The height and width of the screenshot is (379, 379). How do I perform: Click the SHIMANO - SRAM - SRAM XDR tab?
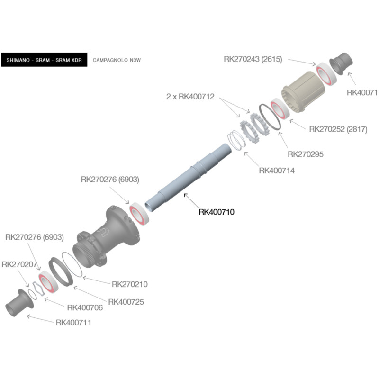point(44,60)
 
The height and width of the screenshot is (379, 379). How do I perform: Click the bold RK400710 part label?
point(217,212)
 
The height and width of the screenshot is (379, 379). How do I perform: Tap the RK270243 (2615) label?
point(253,59)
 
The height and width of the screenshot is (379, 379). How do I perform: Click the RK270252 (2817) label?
point(338,129)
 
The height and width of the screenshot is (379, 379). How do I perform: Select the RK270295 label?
point(306,154)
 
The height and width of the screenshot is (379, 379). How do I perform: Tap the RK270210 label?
point(130,284)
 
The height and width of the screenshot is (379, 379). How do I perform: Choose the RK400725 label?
point(126,302)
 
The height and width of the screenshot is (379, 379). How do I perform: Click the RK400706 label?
point(85,307)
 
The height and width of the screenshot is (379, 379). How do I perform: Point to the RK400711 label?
point(73,323)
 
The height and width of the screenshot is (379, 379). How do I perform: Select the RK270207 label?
point(19,264)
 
